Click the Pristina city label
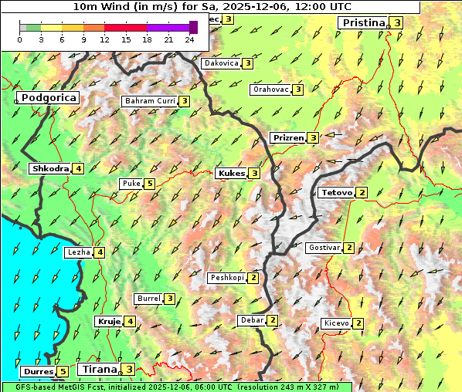click(362, 23)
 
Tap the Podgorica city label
click(48, 98)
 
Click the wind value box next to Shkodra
click(78, 169)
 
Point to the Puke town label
click(130, 184)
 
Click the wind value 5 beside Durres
click(63, 372)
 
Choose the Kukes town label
click(231, 174)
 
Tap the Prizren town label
click(287, 138)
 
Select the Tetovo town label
click(336, 192)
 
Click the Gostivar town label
click(323, 248)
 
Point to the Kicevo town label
click(336, 323)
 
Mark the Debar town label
click(252, 320)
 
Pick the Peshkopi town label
click(226, 278)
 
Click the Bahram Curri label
click(150, 101)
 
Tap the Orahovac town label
click(270, 90)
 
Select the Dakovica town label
click(221, 63)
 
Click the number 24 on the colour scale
click(189, 39)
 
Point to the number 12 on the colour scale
click(104, 39)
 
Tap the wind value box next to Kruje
click(131, 321)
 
